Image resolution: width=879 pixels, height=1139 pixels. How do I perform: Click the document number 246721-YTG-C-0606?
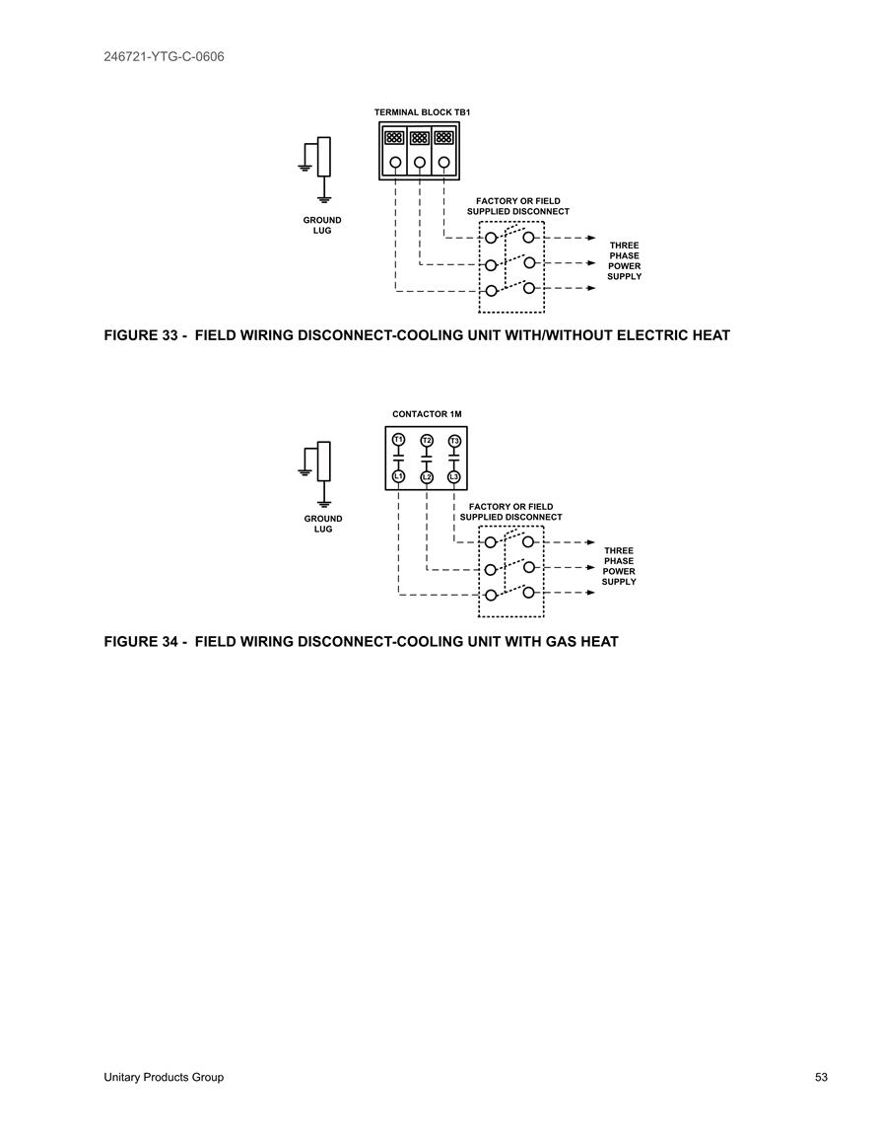tap(164, 56)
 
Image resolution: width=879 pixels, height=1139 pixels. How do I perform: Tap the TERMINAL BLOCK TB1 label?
tap(422, 112)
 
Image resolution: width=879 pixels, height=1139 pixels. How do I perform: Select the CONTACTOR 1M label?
tap(427, 414)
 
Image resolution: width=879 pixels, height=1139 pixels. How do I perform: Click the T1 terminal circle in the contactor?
tap(398, 440)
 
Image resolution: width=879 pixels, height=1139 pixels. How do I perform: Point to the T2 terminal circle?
tap(427, 440)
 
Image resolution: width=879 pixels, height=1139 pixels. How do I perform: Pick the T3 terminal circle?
tap(454, 441)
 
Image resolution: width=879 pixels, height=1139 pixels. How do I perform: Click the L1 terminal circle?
tap(398, 475)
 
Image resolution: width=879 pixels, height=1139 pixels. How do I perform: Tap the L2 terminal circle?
tap(427, 476)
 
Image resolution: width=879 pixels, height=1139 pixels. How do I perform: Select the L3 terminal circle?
tap(454, 476)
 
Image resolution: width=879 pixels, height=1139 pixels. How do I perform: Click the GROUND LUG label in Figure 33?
tap(322, 225)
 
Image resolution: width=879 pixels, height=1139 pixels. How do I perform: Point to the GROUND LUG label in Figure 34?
tap(323, 524)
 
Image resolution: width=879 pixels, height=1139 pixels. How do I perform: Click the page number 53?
tap(821, 1077)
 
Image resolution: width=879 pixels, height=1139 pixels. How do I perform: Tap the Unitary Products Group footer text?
tap(164, 1077)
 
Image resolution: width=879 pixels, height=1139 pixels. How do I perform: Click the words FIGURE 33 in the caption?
tap(141, 335)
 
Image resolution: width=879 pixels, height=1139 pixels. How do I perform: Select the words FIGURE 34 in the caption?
tap(141, 642)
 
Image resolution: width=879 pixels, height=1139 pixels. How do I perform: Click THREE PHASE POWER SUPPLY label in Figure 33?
tap(624, 260)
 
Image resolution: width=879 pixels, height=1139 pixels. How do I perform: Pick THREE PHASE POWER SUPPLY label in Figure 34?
tap(619, 566)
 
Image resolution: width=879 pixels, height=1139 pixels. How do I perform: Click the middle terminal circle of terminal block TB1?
tap(420, 163)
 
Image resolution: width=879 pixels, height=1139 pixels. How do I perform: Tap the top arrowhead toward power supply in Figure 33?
tap(591, 238)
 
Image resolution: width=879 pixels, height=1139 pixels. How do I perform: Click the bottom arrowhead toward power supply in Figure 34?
tap(591, 593)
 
